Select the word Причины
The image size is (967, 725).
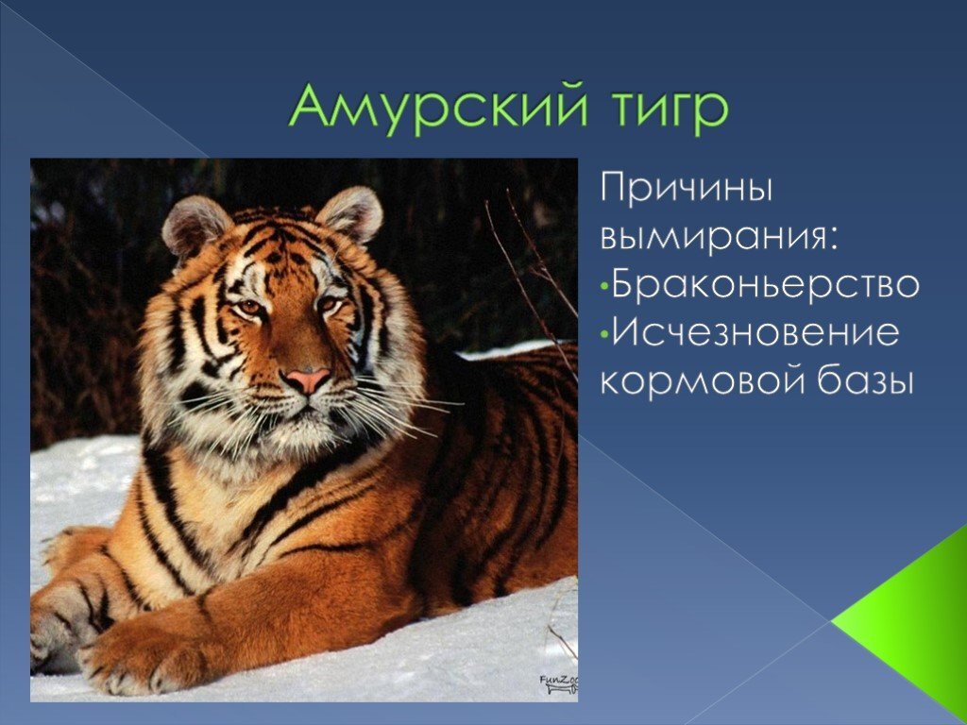click(x=686, y=189)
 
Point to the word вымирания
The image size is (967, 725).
click(x=720, y=237)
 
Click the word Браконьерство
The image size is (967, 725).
click(x=765, y=283)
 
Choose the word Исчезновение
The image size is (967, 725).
click(x=755, y=331)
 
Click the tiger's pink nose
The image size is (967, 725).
click(x=308, y=379)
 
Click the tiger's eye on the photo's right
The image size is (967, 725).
click(x=329, y=303)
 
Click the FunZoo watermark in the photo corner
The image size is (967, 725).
click(x=559, y=684)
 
